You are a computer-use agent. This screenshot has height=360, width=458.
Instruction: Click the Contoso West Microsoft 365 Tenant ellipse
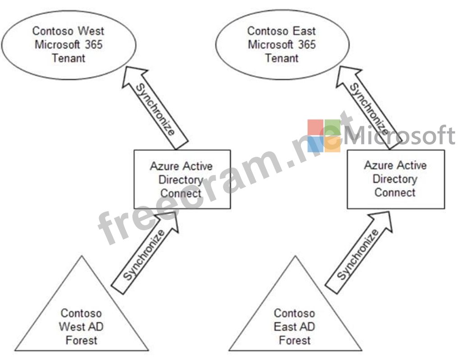pos(68,45)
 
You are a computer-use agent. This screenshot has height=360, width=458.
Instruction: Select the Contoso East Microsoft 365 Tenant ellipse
pos(282,45)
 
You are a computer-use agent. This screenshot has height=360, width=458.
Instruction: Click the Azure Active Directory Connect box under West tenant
pos(182,179)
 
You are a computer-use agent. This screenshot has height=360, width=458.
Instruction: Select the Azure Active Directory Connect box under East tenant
pos(395,179)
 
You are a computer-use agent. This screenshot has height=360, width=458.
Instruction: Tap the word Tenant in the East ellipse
pos(282,58)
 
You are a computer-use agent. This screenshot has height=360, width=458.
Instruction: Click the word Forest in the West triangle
pos(82,340)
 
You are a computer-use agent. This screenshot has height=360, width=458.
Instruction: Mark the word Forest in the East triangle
pos(295,340)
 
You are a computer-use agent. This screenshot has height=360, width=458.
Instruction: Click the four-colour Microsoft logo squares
pos(324,136)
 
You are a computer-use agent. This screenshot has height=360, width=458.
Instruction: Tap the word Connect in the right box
pos(395,192)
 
